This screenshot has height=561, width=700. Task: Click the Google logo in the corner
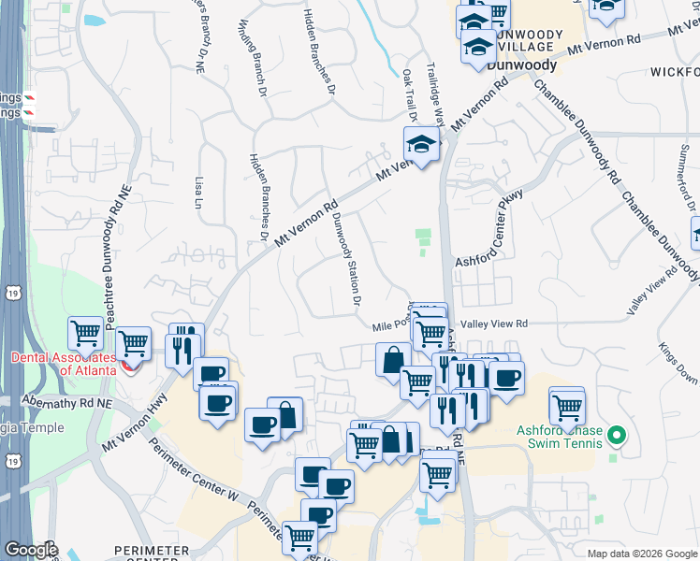[31, 550]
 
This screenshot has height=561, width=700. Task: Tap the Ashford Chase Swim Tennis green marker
[616, 436]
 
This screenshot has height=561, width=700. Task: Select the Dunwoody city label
[522, 66]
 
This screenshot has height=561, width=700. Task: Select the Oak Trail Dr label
[410, 93]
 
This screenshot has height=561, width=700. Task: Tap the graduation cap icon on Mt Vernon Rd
[420, 146]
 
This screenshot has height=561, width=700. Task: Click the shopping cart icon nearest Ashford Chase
[567, 406]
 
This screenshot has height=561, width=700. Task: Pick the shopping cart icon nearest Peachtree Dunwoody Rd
[85, 332]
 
